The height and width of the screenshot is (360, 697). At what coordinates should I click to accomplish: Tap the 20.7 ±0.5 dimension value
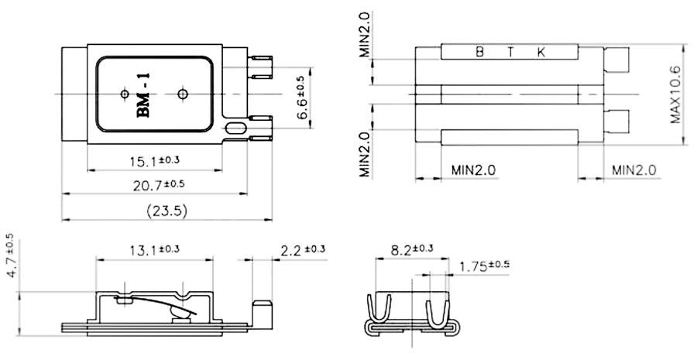[158, 184]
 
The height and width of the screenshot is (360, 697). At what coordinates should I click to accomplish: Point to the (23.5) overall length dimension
[167, 210]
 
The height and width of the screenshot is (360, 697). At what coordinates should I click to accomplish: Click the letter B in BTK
[479, 53]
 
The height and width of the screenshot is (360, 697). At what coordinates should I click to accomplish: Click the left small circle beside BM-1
[124, 94]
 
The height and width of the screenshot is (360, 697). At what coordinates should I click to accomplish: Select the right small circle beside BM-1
[183, 94]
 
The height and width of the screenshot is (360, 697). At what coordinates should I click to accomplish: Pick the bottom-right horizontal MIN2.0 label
[633, 170]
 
